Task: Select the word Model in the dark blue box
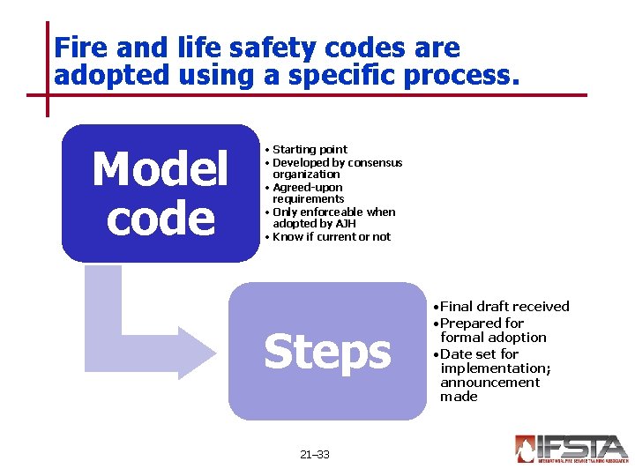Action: [x=160, y=169]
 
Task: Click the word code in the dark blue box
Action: [x=160, y=217]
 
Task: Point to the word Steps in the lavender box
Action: [x=326, y=352]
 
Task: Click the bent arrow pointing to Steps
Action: [x=141, y=344]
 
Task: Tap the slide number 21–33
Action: [x=314, y=455]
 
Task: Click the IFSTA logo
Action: [x=571, y=449]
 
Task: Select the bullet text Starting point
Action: [x=310, y=150]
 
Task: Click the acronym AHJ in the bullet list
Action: [x=345, y=224]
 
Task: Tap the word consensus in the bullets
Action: [x=375, y=163]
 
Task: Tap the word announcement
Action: [x=490, y=383]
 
